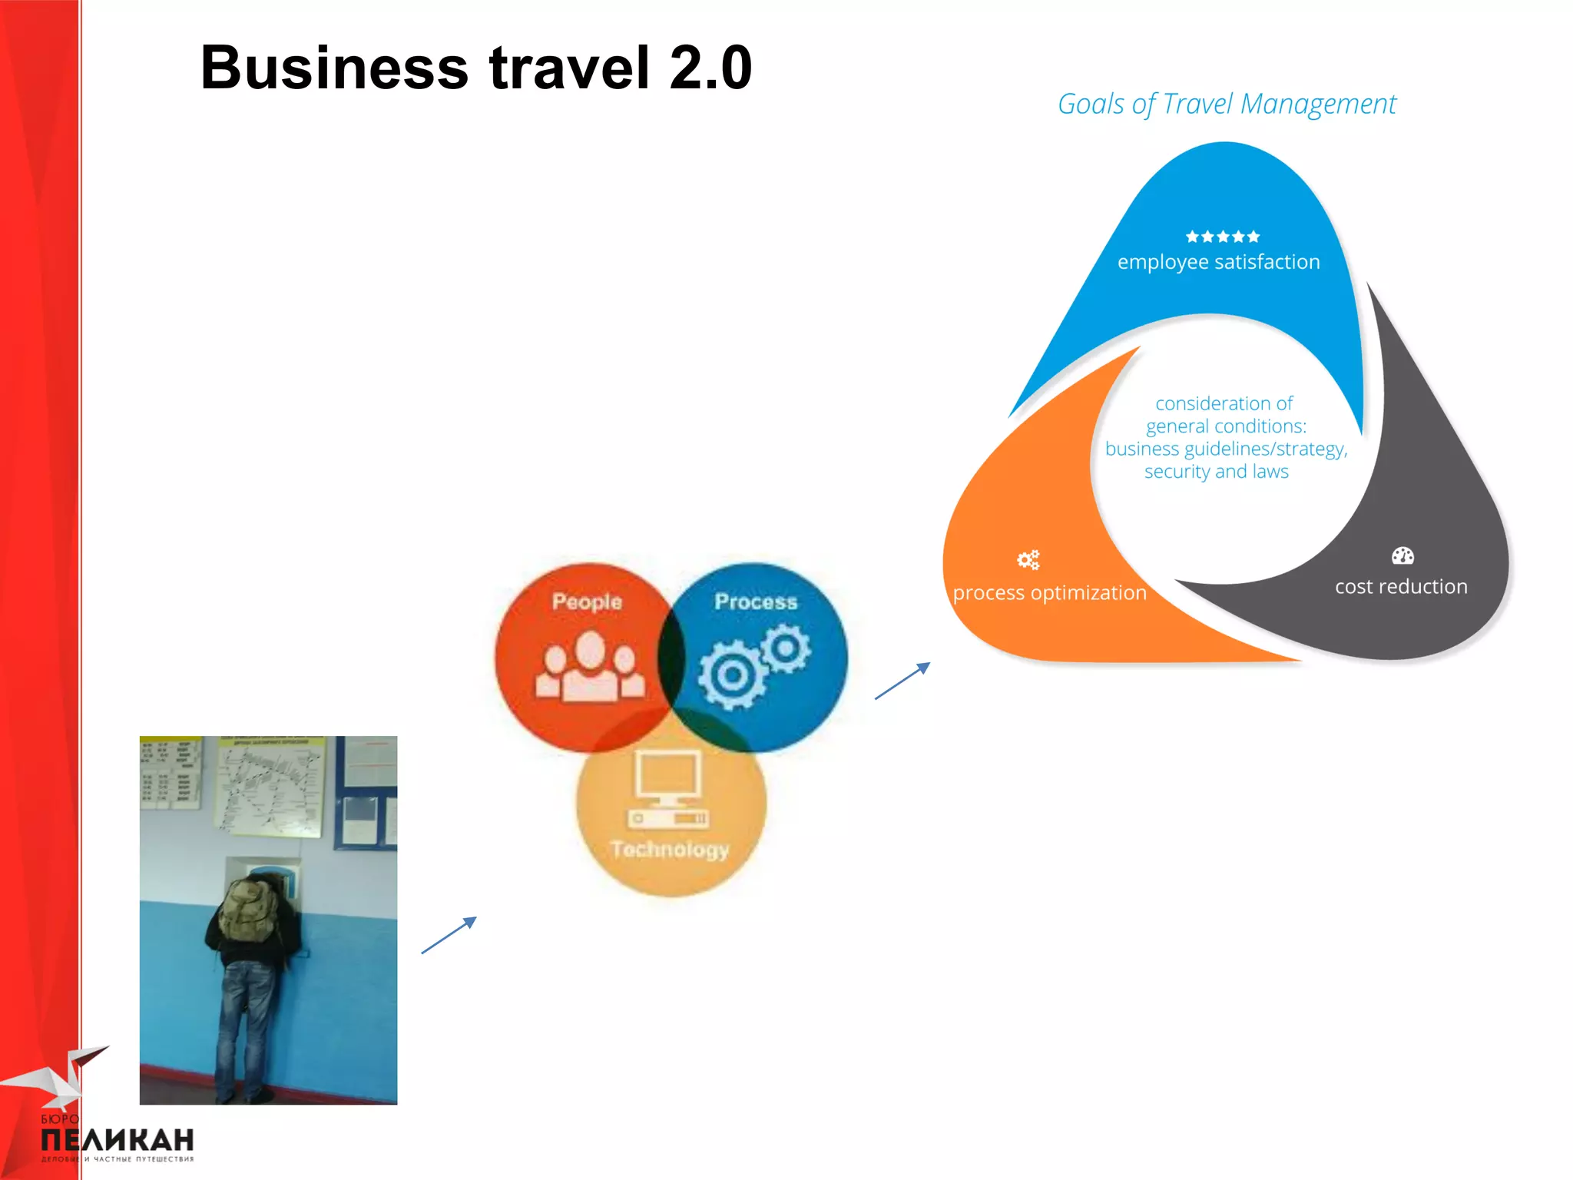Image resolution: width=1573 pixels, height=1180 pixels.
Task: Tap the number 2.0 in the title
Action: point(710,68)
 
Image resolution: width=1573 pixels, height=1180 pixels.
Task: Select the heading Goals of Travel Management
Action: point(1227,104)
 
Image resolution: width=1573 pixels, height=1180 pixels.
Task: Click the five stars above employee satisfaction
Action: point(1222,236)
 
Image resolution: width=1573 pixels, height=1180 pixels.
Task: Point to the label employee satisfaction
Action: point(1218,262)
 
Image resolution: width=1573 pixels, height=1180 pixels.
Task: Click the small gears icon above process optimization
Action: point(1028,559)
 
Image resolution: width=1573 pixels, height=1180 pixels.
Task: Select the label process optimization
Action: point(1049,592)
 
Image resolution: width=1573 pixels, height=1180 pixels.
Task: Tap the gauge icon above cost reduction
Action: point(1402,555)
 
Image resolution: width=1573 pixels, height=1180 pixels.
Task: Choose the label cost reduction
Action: point(1401,586)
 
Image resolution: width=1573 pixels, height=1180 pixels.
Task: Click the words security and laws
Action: point(1216,471)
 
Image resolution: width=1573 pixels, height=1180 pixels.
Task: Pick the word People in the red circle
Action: point(587,602)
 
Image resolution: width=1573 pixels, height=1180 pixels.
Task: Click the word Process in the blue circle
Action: point(756,602)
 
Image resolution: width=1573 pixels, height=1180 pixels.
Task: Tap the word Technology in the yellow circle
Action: point(670,849)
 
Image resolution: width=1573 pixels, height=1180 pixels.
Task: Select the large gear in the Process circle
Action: point(731,675)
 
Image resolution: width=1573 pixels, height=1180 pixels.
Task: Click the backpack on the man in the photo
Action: point(249,910)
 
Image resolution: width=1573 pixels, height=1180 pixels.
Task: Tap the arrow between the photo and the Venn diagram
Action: point(449,935)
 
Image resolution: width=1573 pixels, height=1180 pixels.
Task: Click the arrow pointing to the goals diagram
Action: point(902,681)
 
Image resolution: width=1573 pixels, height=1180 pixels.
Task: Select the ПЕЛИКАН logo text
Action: point(117,1140)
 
